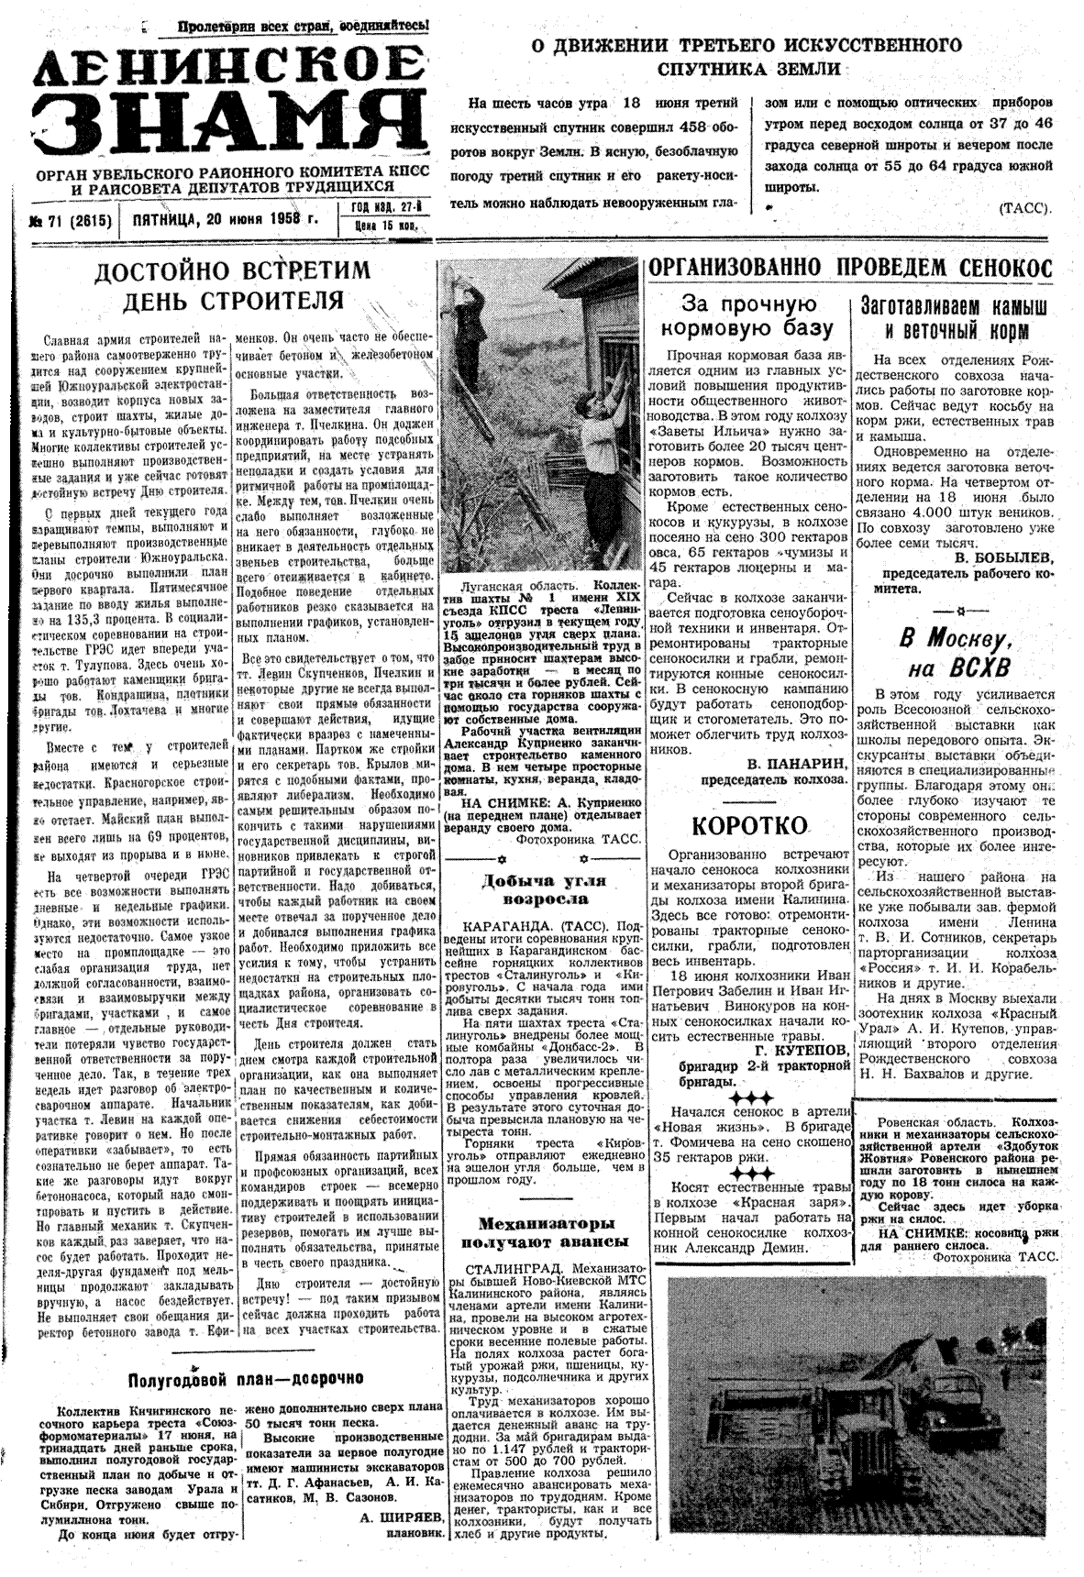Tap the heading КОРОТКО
point(748,825)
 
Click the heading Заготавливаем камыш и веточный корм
point(955,318)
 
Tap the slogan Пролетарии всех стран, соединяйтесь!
point(304,28)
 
